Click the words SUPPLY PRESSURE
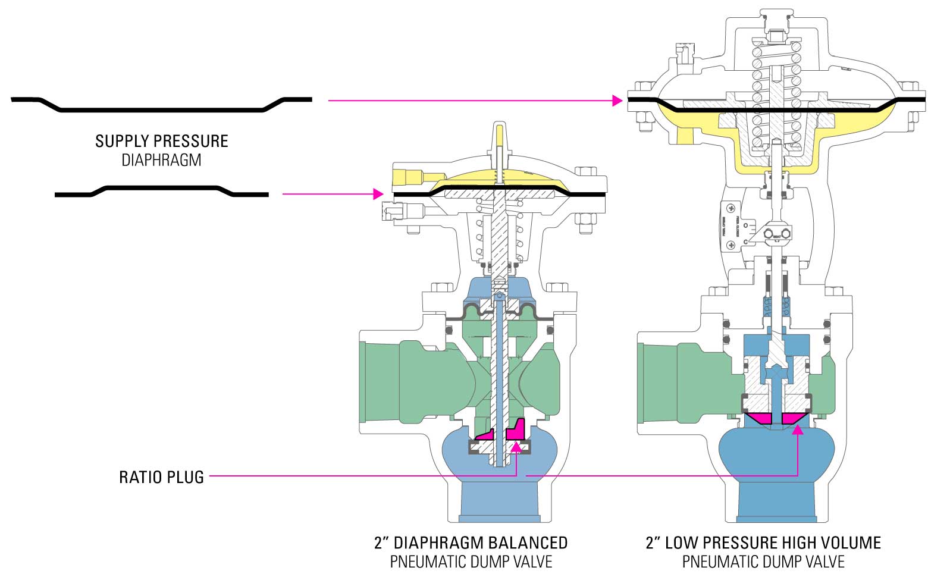click(x=161, y=141)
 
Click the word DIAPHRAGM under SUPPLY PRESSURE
click(x=161, y=160)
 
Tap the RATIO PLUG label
click(x=161, y=477)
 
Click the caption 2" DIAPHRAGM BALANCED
click(x=471, y=543)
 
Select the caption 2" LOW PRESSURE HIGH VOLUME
click(x=763, y=543)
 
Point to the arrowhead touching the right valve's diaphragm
click(x=617, y=101)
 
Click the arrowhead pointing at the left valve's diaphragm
click(x=377, y=194)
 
